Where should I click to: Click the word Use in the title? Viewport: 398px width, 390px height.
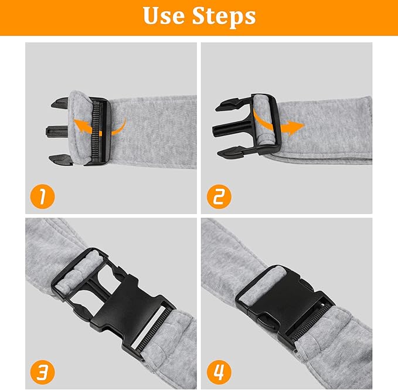click(164, 16)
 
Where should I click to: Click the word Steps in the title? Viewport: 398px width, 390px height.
click(224, 17)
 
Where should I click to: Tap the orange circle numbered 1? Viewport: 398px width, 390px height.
click(42, 196)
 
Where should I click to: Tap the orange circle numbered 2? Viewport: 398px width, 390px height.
click(219, 196)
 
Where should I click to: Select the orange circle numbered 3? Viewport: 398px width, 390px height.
click(42, 372)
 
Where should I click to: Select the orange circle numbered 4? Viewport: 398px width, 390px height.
click(219, 372)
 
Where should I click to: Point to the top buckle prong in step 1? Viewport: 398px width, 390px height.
click(60, 103)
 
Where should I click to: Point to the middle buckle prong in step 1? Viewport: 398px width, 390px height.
click(57, 131)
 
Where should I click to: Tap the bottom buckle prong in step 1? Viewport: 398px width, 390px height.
click(60, 159)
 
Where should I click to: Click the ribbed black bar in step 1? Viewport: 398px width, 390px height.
click(97, 131)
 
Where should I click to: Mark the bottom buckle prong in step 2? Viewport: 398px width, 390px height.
click(230, 151)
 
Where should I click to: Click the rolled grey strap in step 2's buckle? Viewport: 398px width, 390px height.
click(263, 121)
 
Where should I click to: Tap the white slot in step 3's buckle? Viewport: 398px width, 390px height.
click(148, 326)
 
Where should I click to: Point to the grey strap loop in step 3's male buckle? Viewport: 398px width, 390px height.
click(79, 270)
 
